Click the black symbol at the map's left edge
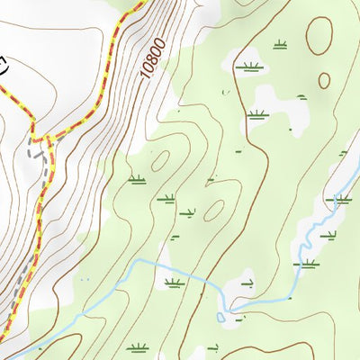[3, 64]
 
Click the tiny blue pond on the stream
[232, 315]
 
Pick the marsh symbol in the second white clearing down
[257, 112]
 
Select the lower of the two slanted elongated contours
[214, 210]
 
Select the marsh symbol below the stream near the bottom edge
[137, 347]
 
